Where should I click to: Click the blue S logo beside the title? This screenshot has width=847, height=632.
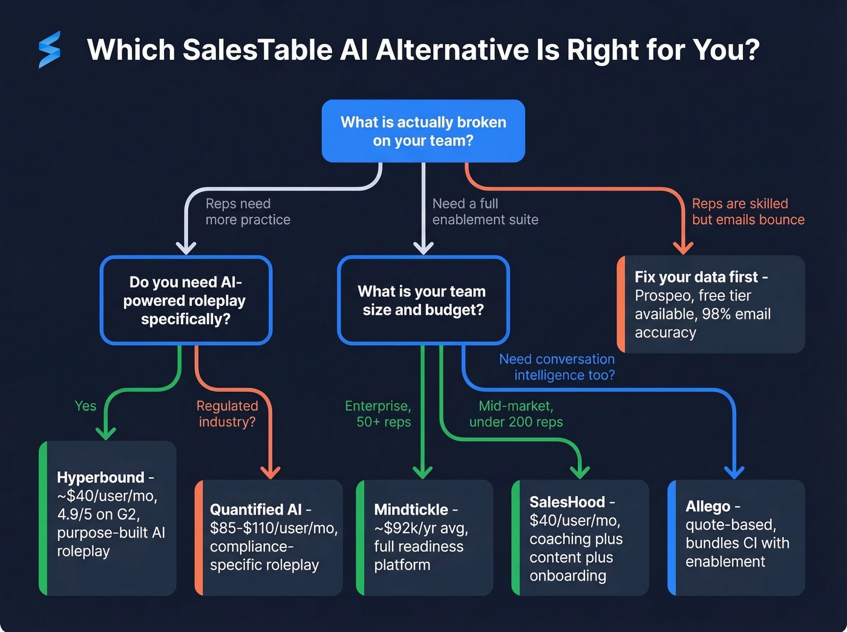[x=50, y=50]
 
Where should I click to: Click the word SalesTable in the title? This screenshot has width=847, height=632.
[x=257, y=50]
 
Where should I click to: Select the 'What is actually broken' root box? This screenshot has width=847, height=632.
[x=423, y=131]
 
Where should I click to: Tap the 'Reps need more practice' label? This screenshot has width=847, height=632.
[x=247, y=212]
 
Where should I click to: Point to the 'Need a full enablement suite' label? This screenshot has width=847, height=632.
[x=485, y=212]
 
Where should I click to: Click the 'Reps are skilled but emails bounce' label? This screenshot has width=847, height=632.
[x=748, y=212]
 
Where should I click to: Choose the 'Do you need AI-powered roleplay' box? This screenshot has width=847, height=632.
[x=186, y=301]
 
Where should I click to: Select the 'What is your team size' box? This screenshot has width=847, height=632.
[x=423, y=301]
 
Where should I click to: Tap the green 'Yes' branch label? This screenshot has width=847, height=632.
[x=85, y=406]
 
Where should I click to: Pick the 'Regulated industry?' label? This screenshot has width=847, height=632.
[x=227, y=414]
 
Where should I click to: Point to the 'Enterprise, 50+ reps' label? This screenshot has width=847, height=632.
[x=378, y=414]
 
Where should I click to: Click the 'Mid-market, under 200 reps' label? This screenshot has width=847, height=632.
[x=516, y=414]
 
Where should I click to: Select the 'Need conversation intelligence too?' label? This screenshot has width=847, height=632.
[x=557, y=367]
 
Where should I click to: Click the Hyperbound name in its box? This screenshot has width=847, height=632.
[x=100, y=477]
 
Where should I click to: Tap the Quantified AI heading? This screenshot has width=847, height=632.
[x=256, y=509]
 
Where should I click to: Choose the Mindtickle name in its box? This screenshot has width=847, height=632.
[x=411, y=509]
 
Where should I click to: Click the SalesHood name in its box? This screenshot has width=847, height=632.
[x=567, y=502]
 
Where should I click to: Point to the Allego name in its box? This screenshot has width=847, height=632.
[x=708, y=506]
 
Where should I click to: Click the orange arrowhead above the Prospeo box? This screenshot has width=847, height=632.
[x=683, y=247]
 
